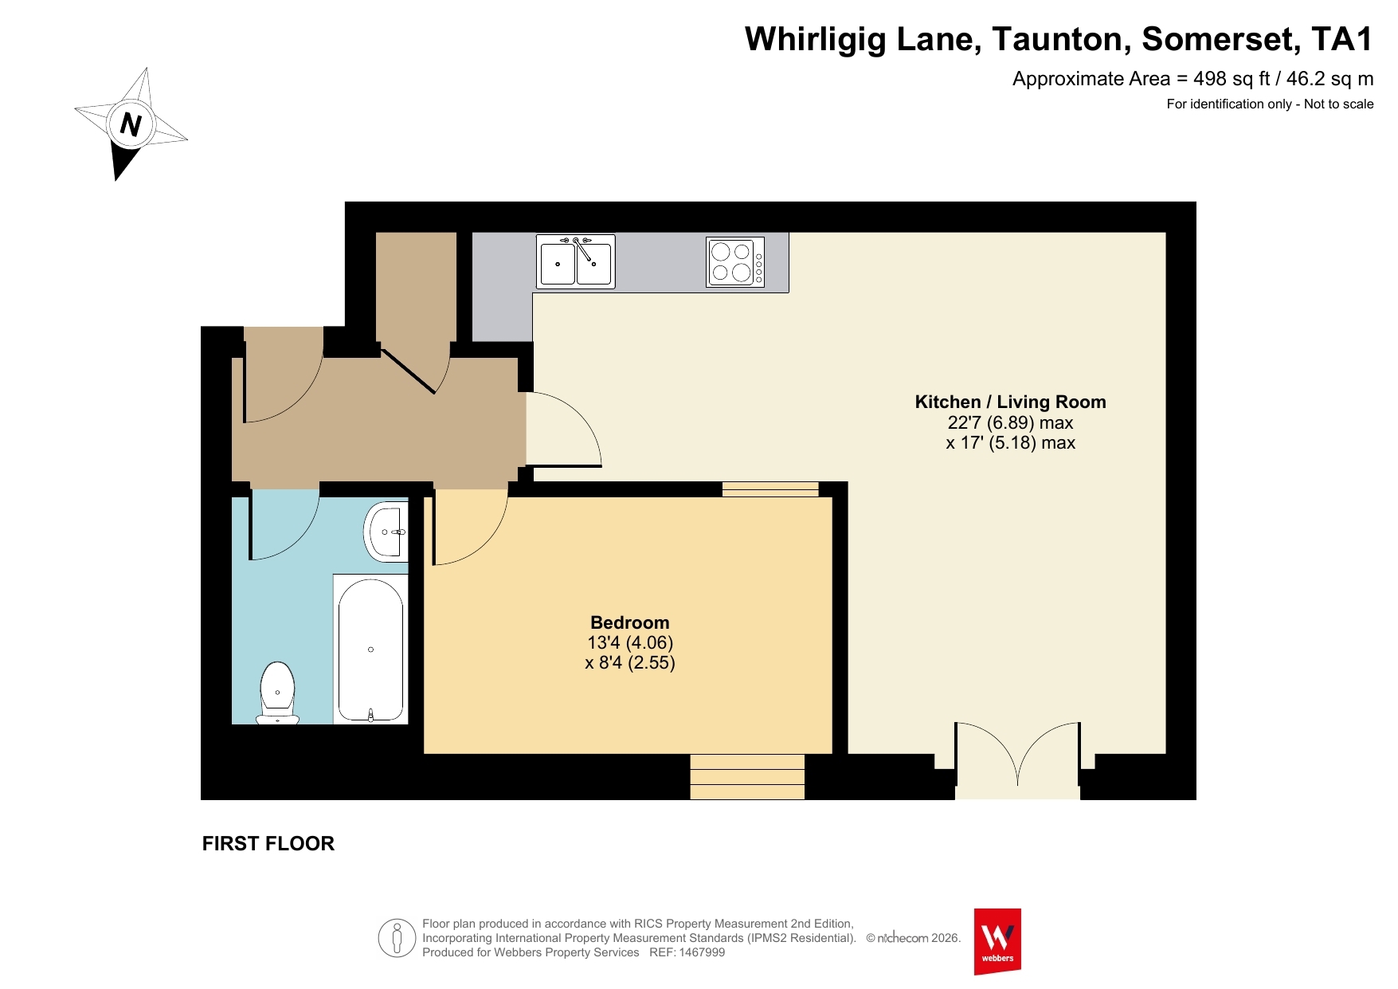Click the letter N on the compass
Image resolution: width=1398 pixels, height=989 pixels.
[x=131, y=124]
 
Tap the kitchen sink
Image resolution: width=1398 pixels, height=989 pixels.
[x=575, y=261]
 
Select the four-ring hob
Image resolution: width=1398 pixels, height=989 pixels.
[x=735, y=261]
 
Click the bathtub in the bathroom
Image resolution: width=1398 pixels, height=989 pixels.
[x=370, y=650]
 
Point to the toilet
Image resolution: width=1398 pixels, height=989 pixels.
[x=277, y=693]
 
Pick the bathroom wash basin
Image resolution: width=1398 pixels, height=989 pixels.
[x=386, y=532]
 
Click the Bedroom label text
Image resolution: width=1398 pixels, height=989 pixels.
[x=630, y=622]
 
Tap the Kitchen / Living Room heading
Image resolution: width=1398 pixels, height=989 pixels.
[x=1010, y=402]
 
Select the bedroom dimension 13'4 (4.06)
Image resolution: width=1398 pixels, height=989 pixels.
[x=630, y=642]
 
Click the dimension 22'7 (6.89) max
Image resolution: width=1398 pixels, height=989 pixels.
[x=1010, y=422]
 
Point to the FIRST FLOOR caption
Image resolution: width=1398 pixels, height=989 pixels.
[x=268, y=843]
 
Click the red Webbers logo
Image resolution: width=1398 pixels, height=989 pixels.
[x=997, y=941]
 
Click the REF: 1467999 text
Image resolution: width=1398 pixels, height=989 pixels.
[x=687, y=952]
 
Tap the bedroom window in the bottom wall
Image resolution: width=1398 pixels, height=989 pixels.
[x=747, y=776]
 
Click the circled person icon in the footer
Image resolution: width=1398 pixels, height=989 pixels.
[x=397, y=938]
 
